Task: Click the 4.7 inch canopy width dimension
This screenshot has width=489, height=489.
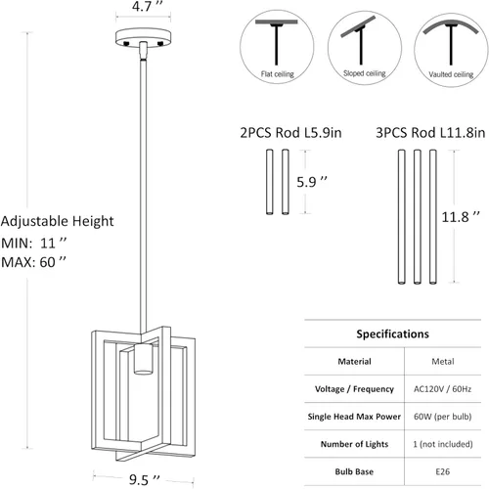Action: (x=147, y=6)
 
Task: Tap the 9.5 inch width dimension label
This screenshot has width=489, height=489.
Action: (x=145, y=479)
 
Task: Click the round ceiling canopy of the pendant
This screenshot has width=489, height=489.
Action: (x=144, y=38)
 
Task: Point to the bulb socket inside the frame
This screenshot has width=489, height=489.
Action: (x=144, y=358)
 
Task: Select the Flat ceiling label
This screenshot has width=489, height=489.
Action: (x=278, y=74)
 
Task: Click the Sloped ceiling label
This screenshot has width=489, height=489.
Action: (x=365, y=73)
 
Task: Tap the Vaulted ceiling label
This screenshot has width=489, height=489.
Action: (x=451, y=74)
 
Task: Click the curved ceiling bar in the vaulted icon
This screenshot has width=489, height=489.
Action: (x=451, y=25)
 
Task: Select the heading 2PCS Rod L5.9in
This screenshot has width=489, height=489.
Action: (x=290, y=133)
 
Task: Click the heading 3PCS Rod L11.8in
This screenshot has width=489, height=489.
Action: (x=430, y=133)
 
